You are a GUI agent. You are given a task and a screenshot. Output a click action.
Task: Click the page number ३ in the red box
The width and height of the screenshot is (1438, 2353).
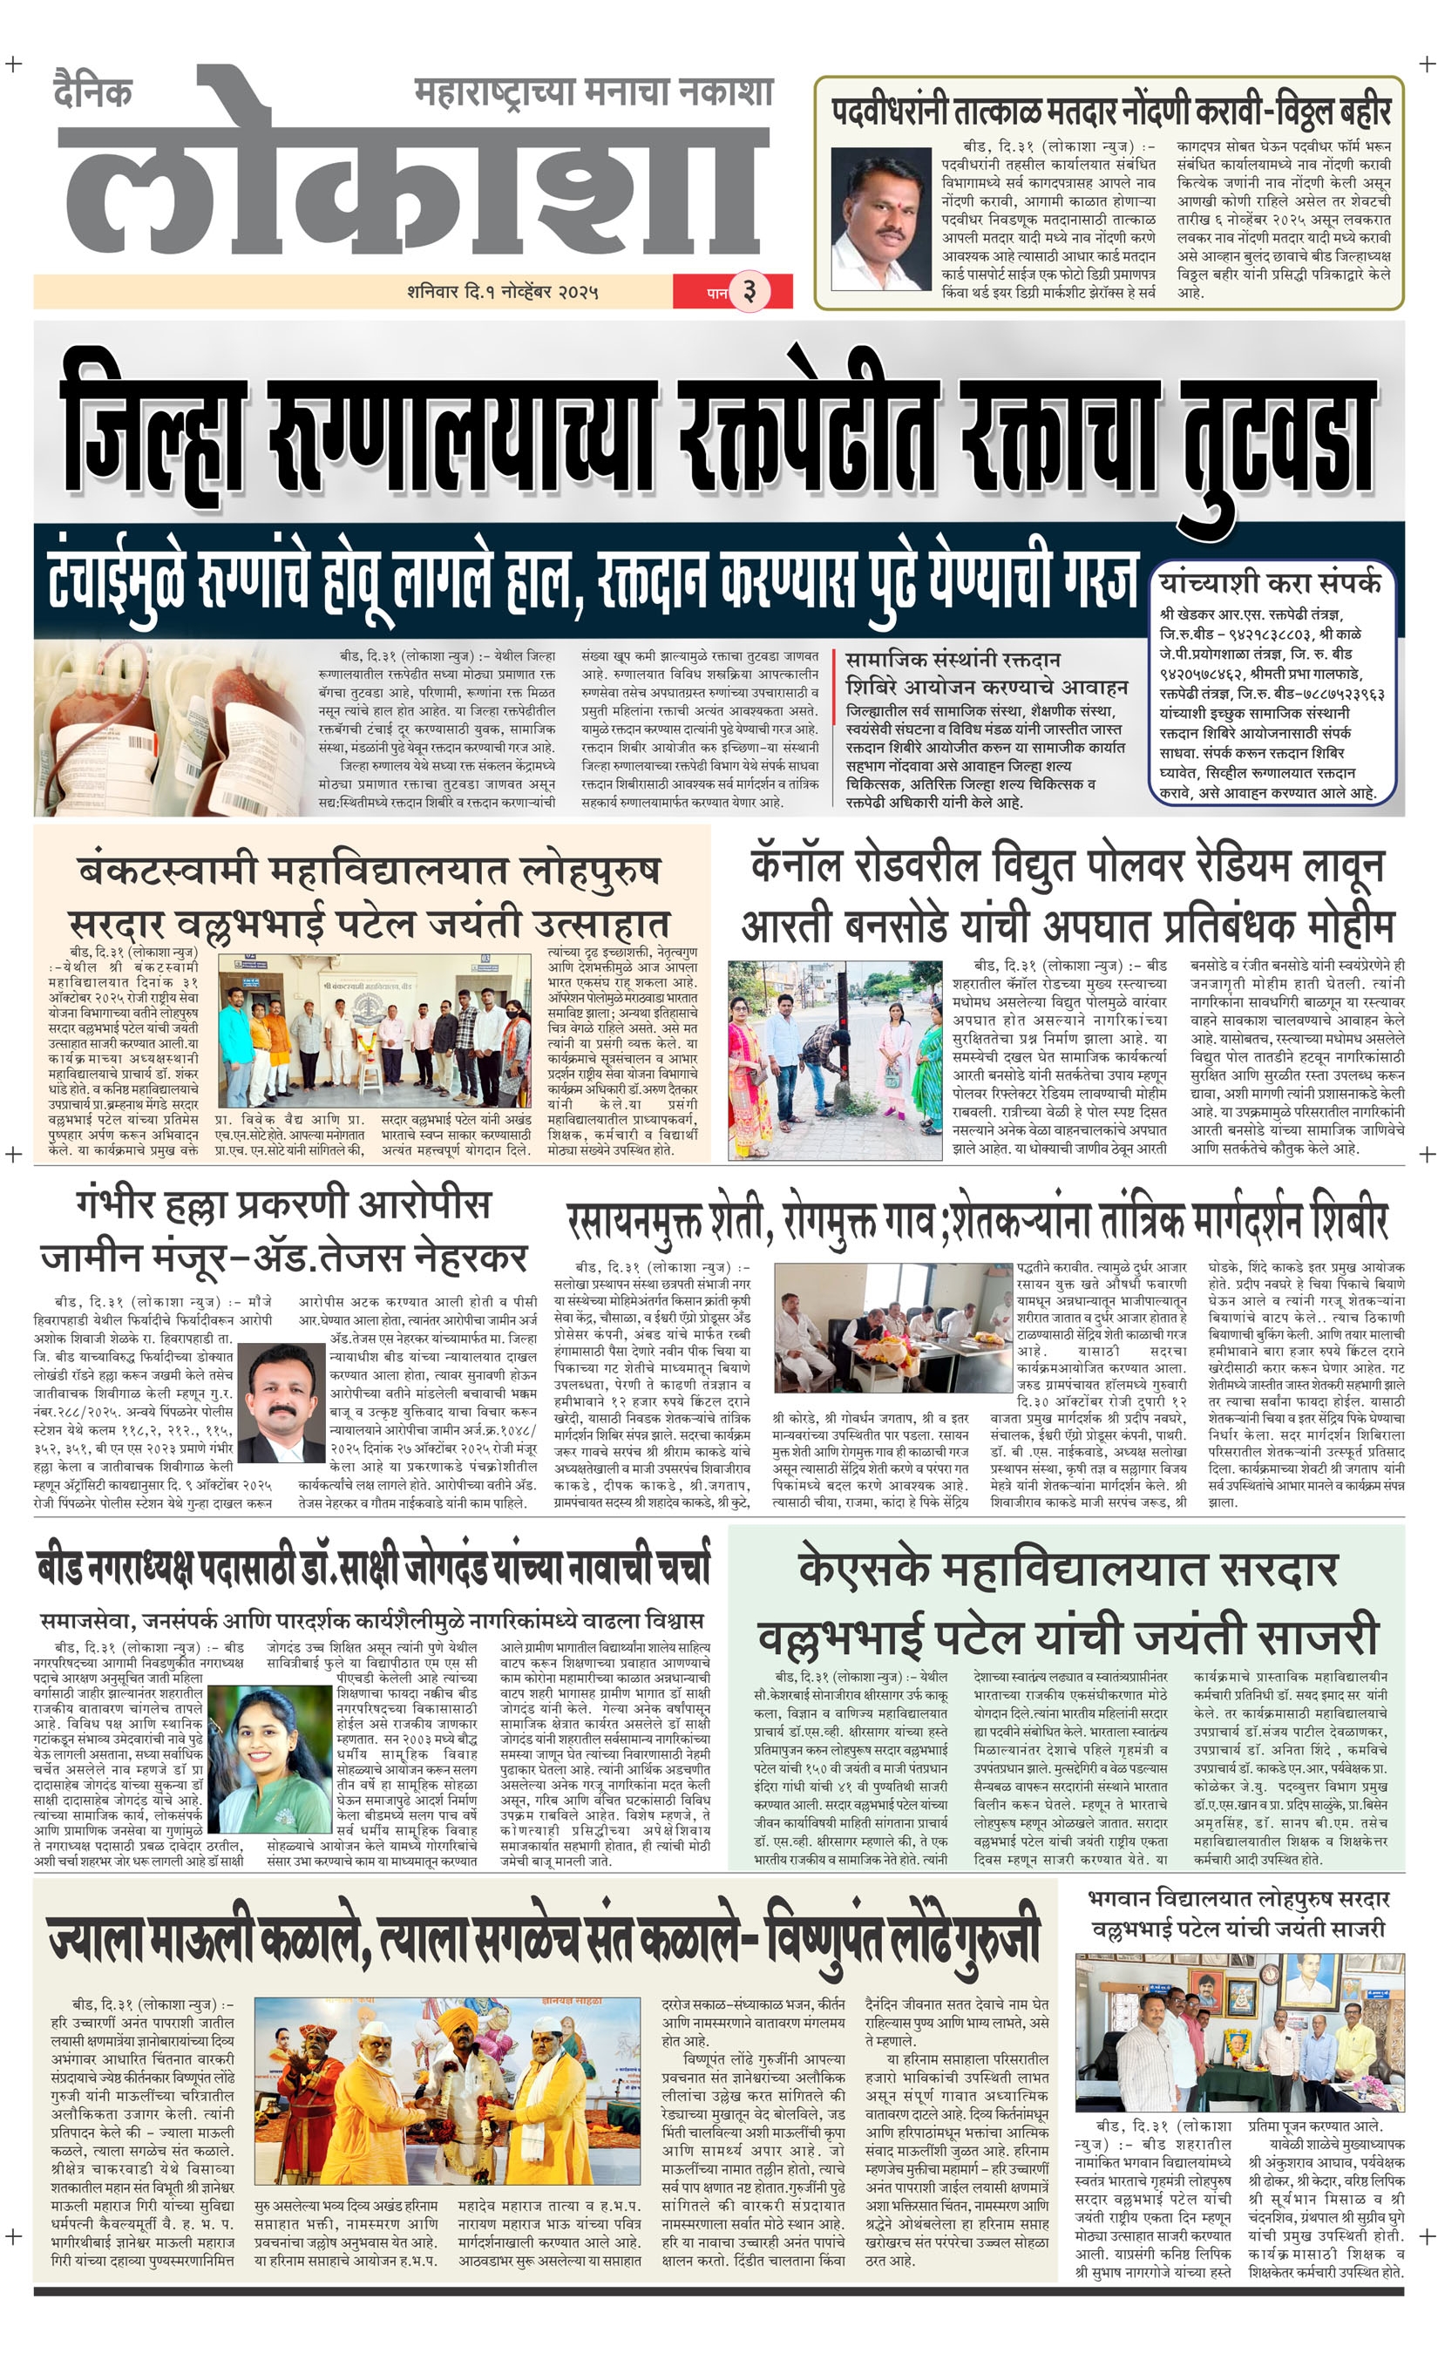750,291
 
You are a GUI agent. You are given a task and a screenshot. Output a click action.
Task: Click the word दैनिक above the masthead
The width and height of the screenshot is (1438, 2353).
92,92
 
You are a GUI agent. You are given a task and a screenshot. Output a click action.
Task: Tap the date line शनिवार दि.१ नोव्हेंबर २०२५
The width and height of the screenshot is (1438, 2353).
502,292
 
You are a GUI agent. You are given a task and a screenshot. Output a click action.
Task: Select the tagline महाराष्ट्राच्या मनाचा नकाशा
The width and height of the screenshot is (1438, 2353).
593,92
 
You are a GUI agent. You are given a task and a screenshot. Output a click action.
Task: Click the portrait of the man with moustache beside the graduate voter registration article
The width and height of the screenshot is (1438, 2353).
880,220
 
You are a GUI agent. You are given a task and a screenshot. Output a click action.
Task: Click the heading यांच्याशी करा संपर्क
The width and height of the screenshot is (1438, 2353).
1270,582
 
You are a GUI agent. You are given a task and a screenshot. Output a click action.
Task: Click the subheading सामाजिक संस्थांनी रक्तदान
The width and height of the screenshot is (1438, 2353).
952,660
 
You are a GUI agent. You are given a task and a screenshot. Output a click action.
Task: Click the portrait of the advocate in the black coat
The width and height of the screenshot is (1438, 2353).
282,1402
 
